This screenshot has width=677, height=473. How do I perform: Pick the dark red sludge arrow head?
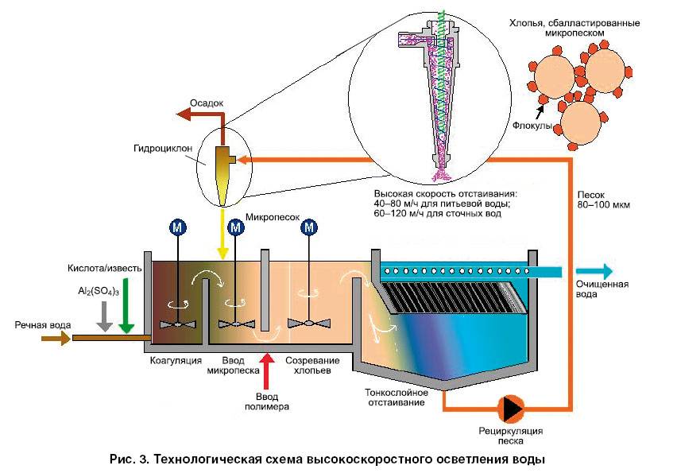tap(185, 115)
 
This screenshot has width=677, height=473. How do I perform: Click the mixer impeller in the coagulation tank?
tap(176, 324)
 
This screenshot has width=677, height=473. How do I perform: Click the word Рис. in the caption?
tap(122, 459)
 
